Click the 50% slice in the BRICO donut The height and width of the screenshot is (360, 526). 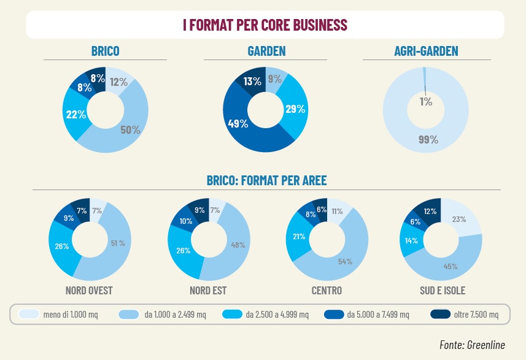(x=130, y=129)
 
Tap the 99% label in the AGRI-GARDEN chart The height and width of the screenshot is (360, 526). (x=428, y=139)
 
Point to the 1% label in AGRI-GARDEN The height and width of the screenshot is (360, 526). (x=426, y=102)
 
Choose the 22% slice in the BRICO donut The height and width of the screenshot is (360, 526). (x=74, y=114)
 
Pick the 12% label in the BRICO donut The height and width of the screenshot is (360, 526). (x=118, y=82)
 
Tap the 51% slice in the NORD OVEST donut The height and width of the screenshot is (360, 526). (x=117, y=243)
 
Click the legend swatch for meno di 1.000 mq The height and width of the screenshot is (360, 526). (x=28, y=315)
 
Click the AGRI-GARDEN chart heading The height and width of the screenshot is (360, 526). (x=426, y=51)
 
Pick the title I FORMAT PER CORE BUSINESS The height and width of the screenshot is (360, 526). (x=265, y=25)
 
